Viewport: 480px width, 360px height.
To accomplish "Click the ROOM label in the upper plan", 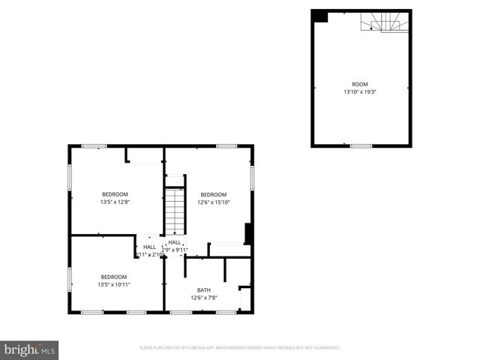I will tap(360, 84).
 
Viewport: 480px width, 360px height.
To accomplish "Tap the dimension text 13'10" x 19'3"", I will tap(360, 92).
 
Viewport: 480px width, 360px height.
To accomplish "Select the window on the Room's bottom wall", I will tap(361, 145).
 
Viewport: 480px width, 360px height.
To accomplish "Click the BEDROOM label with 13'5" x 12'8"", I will tap(115, 194).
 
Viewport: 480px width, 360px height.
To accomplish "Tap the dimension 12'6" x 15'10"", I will tap(213, 202).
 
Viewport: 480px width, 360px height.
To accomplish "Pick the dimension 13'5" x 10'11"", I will tap(114, 284).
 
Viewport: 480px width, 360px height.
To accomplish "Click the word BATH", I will tap(204, 290).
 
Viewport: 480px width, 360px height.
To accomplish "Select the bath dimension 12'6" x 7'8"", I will tap(204, 298).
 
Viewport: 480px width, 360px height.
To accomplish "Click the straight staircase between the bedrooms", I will tap(175, 211).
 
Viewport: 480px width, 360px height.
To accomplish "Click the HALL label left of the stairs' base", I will tap(149, 247).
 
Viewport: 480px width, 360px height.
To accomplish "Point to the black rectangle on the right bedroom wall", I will tap(247, 234).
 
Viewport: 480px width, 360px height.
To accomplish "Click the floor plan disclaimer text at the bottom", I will tap(240, 348).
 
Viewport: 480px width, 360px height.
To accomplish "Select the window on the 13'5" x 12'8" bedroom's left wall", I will tap(70, 178).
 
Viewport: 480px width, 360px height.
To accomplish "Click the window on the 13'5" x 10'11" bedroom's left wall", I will tap(70, 278).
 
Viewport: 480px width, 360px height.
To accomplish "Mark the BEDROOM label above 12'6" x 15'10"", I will tap(213, 194).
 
